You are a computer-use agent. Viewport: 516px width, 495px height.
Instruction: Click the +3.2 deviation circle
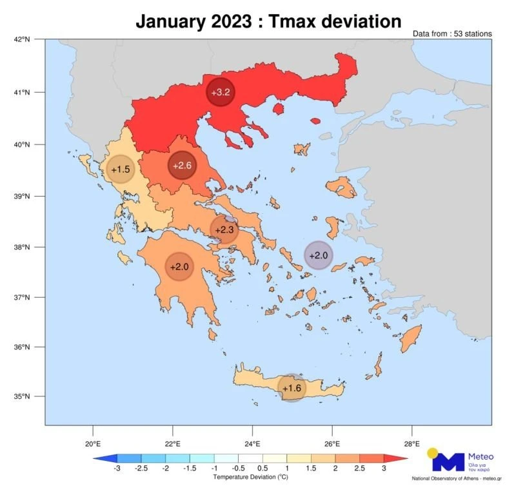221,92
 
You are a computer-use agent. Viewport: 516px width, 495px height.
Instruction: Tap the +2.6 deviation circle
182,166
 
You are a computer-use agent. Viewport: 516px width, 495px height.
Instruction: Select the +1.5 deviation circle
121,169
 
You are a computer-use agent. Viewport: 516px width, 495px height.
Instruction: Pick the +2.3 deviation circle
224,229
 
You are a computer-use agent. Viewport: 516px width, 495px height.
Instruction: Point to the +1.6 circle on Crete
292,387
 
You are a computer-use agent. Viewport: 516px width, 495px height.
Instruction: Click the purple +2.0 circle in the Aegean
318,255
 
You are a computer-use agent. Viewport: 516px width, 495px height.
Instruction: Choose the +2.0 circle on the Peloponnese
179,266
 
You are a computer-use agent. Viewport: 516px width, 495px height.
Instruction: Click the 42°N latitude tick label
22,40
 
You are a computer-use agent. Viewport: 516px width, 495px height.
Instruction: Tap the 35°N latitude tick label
22,396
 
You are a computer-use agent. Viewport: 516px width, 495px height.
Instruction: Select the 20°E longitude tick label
93,443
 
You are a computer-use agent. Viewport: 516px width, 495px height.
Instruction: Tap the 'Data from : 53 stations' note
452,34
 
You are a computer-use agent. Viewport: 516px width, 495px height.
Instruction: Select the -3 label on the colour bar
117,469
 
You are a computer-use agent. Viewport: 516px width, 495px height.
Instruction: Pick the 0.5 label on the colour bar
263,469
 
